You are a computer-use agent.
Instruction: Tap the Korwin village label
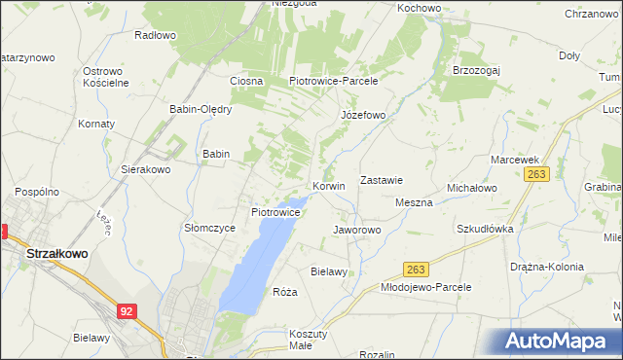tap(329, 185)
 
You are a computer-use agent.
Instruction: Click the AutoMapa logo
tap(557, 342)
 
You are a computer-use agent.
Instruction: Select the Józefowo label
tap(363, 115)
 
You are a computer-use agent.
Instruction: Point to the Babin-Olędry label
tap(201, 109)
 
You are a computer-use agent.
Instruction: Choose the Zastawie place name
tap(382, 180)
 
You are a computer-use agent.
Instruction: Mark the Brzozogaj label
tap(477, 70)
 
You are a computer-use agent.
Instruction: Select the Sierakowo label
tap(145, 168)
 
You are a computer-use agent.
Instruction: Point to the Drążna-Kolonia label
tap(546, 266)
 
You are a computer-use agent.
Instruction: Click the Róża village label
tap(284, 292)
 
